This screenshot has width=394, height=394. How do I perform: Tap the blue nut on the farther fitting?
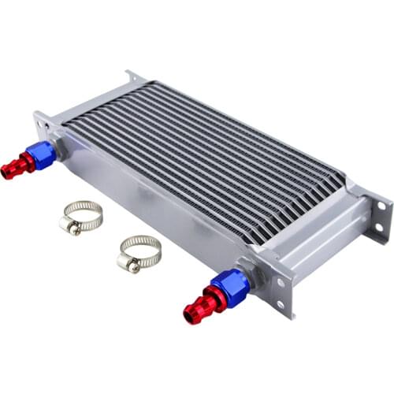[43, 154]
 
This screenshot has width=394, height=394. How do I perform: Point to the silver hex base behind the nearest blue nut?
[251, 272]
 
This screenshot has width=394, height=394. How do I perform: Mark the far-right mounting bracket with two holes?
[378, 217]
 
